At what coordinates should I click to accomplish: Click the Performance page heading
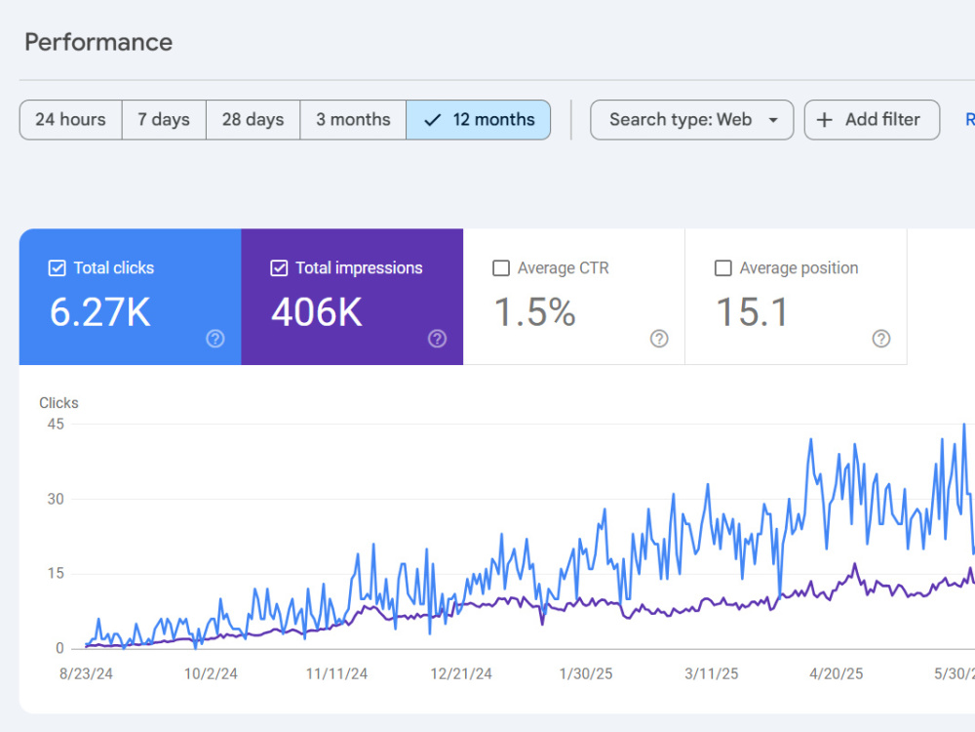(x=98, y=42)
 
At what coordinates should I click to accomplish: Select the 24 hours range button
(x=71, y=119)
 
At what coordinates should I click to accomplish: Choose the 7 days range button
(x=164, y=119)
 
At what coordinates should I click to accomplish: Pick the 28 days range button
(x=253, y=119)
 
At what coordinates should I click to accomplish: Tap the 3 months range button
(x=353, y=119)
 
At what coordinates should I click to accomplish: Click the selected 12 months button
(x=478, y=119)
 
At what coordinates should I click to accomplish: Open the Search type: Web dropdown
(x=691, y=119)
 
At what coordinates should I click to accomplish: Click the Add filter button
(x=872, y=119)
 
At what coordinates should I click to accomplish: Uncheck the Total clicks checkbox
(x=58, y=268)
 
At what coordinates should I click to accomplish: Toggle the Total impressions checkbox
(x=279, y=268)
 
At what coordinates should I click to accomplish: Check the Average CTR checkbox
(x=501, y=268)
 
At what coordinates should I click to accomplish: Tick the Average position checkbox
(x=723, y=268)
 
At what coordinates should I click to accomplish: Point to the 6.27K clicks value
(x=100, y=312)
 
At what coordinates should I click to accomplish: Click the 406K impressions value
(x=317, y=312)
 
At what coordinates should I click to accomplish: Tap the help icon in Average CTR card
(x=659, y=339)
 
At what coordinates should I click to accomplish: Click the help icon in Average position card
(x=881, y=339)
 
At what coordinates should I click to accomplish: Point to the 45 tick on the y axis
(x=56, y=424)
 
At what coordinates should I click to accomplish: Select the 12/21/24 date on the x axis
(x=461, y=673)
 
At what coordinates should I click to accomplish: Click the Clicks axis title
(x=59, y=403)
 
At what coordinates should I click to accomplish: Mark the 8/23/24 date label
(x=86, y=673)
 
